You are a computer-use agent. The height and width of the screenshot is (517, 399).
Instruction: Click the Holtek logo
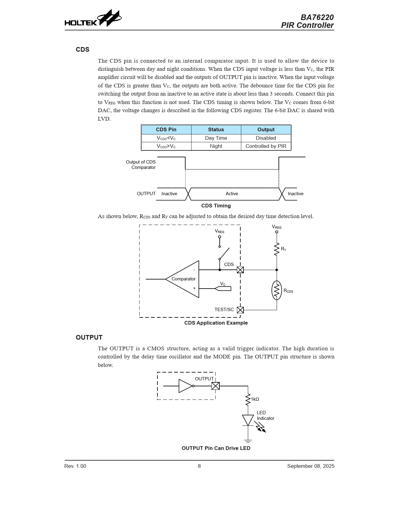[93, 19]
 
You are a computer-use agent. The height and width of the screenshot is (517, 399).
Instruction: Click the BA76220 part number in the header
[317, 17]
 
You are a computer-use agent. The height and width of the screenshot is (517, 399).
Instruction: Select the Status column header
[216, 130]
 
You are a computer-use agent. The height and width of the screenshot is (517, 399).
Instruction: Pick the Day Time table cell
[216, 138]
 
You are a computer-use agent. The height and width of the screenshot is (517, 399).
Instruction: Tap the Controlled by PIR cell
[266, 146]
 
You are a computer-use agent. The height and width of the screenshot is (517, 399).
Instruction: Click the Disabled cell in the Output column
[266, 138]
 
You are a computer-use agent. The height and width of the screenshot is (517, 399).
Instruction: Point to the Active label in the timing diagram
[232, 194]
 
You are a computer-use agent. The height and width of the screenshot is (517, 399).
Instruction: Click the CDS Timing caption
[216, 206]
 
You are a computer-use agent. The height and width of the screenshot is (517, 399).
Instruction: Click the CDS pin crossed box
[240, 270]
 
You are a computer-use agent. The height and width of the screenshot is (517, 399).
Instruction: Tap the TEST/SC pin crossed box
[240, 310]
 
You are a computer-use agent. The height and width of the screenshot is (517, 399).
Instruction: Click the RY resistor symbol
[277, 249]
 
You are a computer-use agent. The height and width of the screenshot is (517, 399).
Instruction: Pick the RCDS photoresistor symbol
[277, 290]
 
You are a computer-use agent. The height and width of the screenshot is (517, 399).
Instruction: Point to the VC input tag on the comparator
[223, 288]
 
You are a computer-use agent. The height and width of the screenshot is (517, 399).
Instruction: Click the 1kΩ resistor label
[255, 399]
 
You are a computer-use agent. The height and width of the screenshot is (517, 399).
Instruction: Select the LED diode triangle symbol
[248, 420]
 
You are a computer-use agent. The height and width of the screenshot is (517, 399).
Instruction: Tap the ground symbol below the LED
[248, 441]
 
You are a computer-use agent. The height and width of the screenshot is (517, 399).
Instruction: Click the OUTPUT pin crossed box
[216, 386]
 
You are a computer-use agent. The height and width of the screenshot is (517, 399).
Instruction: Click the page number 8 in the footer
[199, 466]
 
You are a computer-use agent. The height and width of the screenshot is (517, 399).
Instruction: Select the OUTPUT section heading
[89, 337]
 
